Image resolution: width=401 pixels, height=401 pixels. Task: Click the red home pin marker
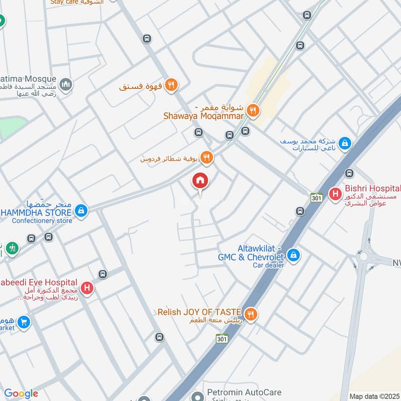(x=200, y=181)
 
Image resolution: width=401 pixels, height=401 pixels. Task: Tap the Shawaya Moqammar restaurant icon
(x=254, y=110)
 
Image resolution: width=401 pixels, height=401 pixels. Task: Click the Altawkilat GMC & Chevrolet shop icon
(x=294, y=256)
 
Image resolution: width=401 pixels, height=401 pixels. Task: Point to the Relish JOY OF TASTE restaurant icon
(x=252, y=314)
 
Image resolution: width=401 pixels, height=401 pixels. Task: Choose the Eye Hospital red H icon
(x=87, y=289)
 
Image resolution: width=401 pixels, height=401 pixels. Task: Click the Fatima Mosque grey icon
(x=66, y=85)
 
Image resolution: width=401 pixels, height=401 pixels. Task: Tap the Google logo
(x=21, y=393)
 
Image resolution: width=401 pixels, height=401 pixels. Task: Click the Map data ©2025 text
(x=373, y=396)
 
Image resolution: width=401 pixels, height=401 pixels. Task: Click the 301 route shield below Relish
(x=223, y=339)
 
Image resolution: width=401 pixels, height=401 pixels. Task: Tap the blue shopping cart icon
(x=24, y=322)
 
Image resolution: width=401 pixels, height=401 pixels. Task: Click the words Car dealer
(x=268, y=265)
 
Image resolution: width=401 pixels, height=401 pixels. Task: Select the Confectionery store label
(x=42, y=221)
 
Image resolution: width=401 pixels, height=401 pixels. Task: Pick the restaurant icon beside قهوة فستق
(x=171, y=86)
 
